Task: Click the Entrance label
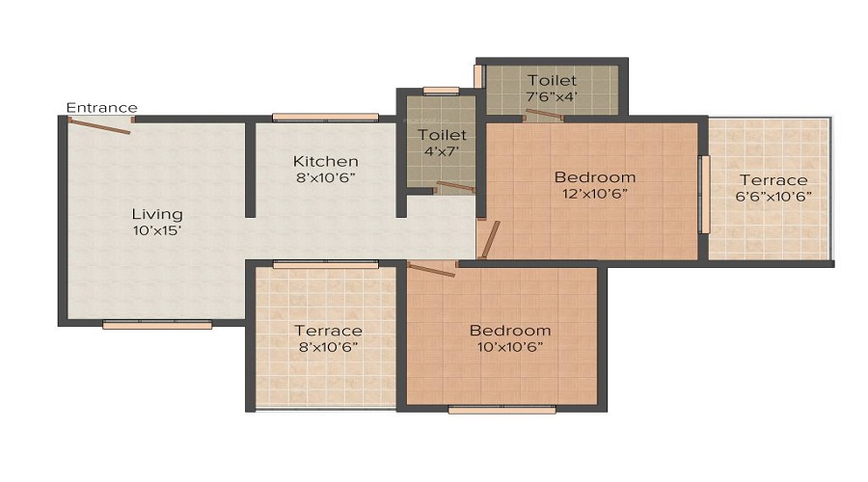click(x=102, y=107)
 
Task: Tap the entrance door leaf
click(x=99, y=126)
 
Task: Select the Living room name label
click(x=157, y=214)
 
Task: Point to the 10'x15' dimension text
click(x=157, y=230)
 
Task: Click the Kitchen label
click(x=326, y=161)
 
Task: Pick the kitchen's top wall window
click(x=326, y=118)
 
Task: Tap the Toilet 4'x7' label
click(x=442, y=143)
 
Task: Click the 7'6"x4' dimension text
click(x=552, y=96)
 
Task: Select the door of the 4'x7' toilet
click(x=456, y=186)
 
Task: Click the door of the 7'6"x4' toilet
click(x=545, y=115)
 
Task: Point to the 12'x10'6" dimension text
click(x=594, y=194)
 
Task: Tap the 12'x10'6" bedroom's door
click(x=490, y=240)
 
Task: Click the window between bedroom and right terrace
click(x=705, y=194)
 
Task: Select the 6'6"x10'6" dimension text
click(x=773, y=197)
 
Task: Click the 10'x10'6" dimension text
click(x=510, y=347)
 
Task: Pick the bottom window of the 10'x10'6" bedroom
click(x=502, y=410)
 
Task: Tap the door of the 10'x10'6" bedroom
click(x=431, y=270)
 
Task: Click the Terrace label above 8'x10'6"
click(x=328, y=331)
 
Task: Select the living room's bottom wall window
click(x=157, y=326)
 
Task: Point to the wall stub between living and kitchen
click(x=250, y=170)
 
